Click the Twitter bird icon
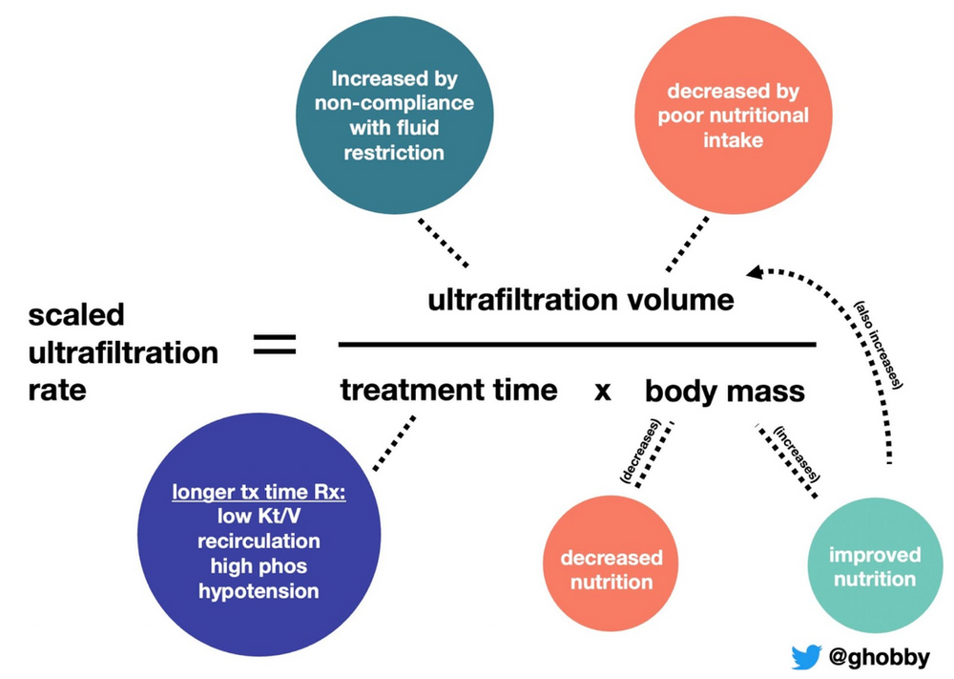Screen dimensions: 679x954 click(x=806, y=656)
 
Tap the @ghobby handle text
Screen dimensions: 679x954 click(x=879, y=656)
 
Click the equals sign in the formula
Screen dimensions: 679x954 click(x=275, y=345)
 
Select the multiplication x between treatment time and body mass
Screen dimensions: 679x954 click(x=602, y=391)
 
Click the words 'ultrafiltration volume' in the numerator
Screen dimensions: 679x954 click(x=580, y=300)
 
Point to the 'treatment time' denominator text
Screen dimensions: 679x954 click(x=448, y=390)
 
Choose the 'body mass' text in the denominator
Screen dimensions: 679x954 click(x=725, y=391)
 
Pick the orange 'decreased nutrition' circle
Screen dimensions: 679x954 click(x=611, y=568)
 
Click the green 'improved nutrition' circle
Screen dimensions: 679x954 click(x=875, y=566)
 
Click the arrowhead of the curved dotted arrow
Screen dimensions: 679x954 click(x=755, y=273)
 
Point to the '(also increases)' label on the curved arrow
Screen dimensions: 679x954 click(x=880, y=345)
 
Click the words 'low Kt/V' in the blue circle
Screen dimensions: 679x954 click(x=259, y=518)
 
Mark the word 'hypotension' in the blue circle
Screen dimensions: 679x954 click(x=259, y=590)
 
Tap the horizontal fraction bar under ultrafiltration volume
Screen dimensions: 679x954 click(x=577, y=344)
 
